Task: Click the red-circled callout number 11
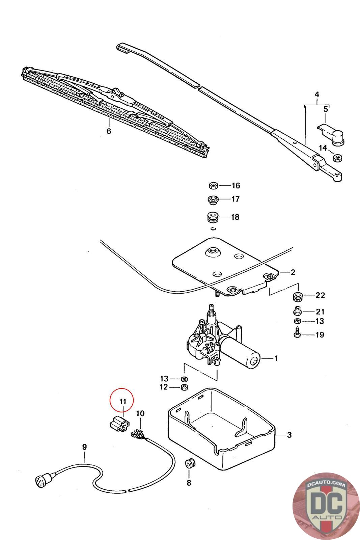[x=122, y=402]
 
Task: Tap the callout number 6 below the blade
[x=109, y=131]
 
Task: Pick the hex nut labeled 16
[x=213, y=185]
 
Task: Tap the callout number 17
[x=235, y=199]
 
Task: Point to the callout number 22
[x=320, y=295]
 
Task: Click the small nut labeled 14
[x=336, y=157]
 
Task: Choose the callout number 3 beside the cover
[x=289, y=435]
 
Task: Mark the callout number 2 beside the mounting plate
[x=293, y=272]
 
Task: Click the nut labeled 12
[x=184, y=386]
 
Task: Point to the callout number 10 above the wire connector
[x=140, y=413]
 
